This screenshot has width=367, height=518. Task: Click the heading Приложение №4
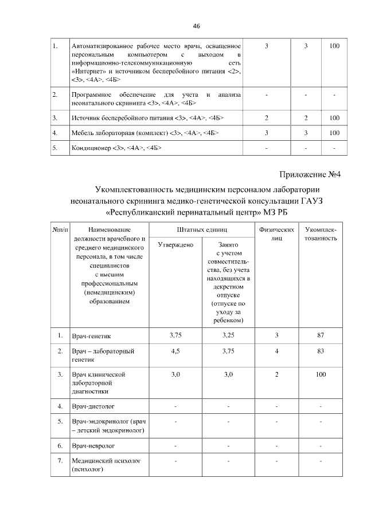(x=310, y=175)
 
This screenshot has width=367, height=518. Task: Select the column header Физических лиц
(x=276, y=233)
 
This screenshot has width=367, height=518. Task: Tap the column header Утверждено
(x=175, y=245)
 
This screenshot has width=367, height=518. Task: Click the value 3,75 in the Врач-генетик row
(x=175, y=334)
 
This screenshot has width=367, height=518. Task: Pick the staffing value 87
(x=321, y=334)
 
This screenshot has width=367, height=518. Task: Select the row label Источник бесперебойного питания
(x=146, y=118)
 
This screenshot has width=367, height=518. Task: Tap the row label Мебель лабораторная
(x=144, y=133)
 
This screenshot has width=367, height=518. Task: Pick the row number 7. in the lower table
(x=60, y=460)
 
